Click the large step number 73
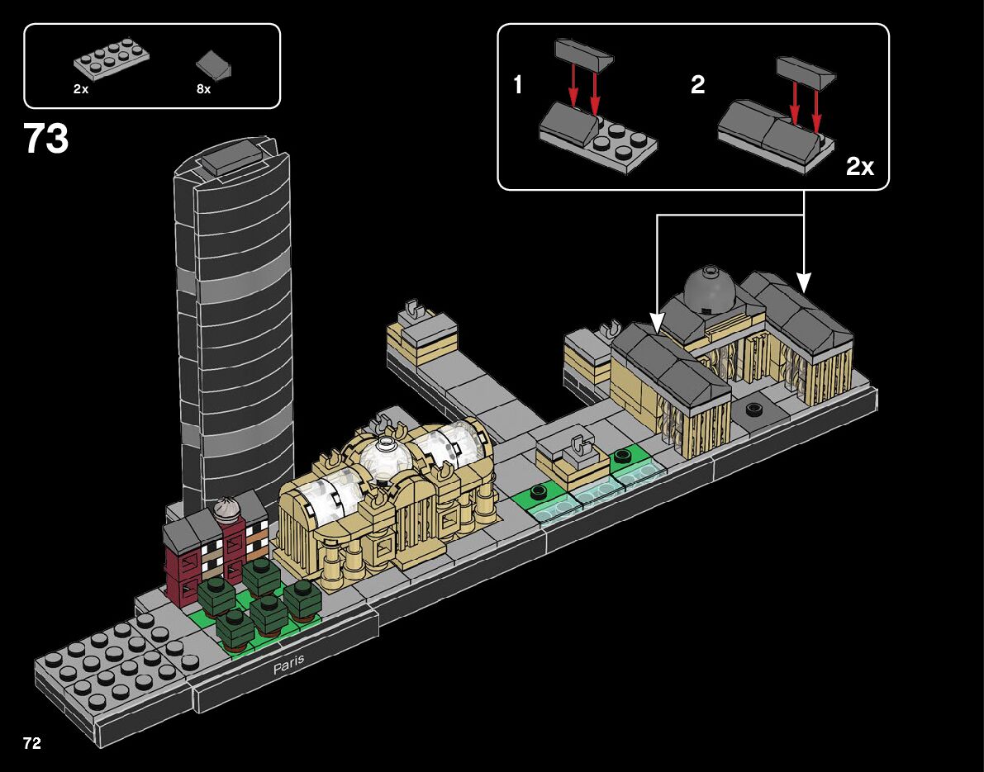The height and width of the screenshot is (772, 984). click(x=46, y=139)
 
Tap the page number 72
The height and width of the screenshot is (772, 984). click(x=32, y=743)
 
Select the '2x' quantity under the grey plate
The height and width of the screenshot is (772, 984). click(x=81, y=88)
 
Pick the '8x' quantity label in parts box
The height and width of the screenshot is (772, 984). click(x=204, y=88)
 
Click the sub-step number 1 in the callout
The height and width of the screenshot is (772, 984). click(x=518, y=84)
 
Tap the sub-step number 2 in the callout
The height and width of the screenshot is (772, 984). click(x=698, y=84)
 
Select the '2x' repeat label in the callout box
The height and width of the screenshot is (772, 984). click(x=860, y=167)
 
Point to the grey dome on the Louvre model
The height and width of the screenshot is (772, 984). click(x=708, y=287)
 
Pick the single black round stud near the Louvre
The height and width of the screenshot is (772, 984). click(x=754, y=409)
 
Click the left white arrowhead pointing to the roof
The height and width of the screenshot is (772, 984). click(x=657, y=320)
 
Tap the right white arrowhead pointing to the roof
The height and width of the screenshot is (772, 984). click(x=804, y=282)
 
